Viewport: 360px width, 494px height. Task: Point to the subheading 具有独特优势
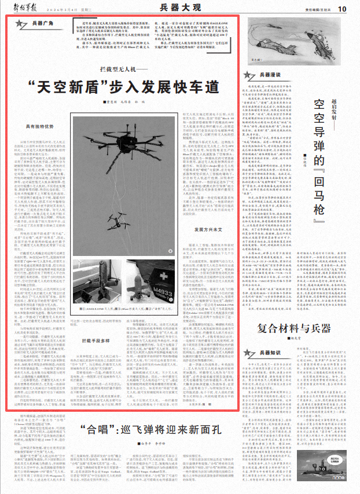click(x=41, y=126)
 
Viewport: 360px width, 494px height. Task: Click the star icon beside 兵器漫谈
click(x=250, y=75)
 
